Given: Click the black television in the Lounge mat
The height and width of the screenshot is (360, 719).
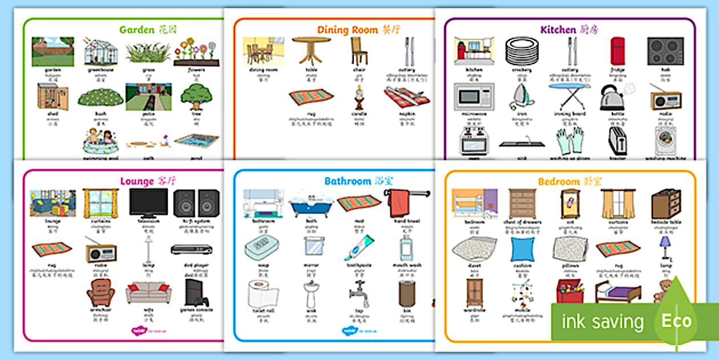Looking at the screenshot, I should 148,202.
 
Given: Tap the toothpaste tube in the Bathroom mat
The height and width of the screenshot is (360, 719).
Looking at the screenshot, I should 358,247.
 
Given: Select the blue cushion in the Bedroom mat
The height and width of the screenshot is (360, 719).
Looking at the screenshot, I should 522,249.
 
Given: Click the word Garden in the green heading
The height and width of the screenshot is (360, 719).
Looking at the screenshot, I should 137,30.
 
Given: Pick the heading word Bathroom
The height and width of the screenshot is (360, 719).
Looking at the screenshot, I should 348,181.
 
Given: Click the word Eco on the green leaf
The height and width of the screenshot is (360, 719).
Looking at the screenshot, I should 676,321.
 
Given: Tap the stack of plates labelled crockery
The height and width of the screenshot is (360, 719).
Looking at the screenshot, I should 522,51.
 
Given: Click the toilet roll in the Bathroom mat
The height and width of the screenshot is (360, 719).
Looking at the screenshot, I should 262,294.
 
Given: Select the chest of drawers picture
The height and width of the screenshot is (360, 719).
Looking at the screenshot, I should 522,203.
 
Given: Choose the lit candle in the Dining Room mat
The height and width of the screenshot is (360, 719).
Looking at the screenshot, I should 359,98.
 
